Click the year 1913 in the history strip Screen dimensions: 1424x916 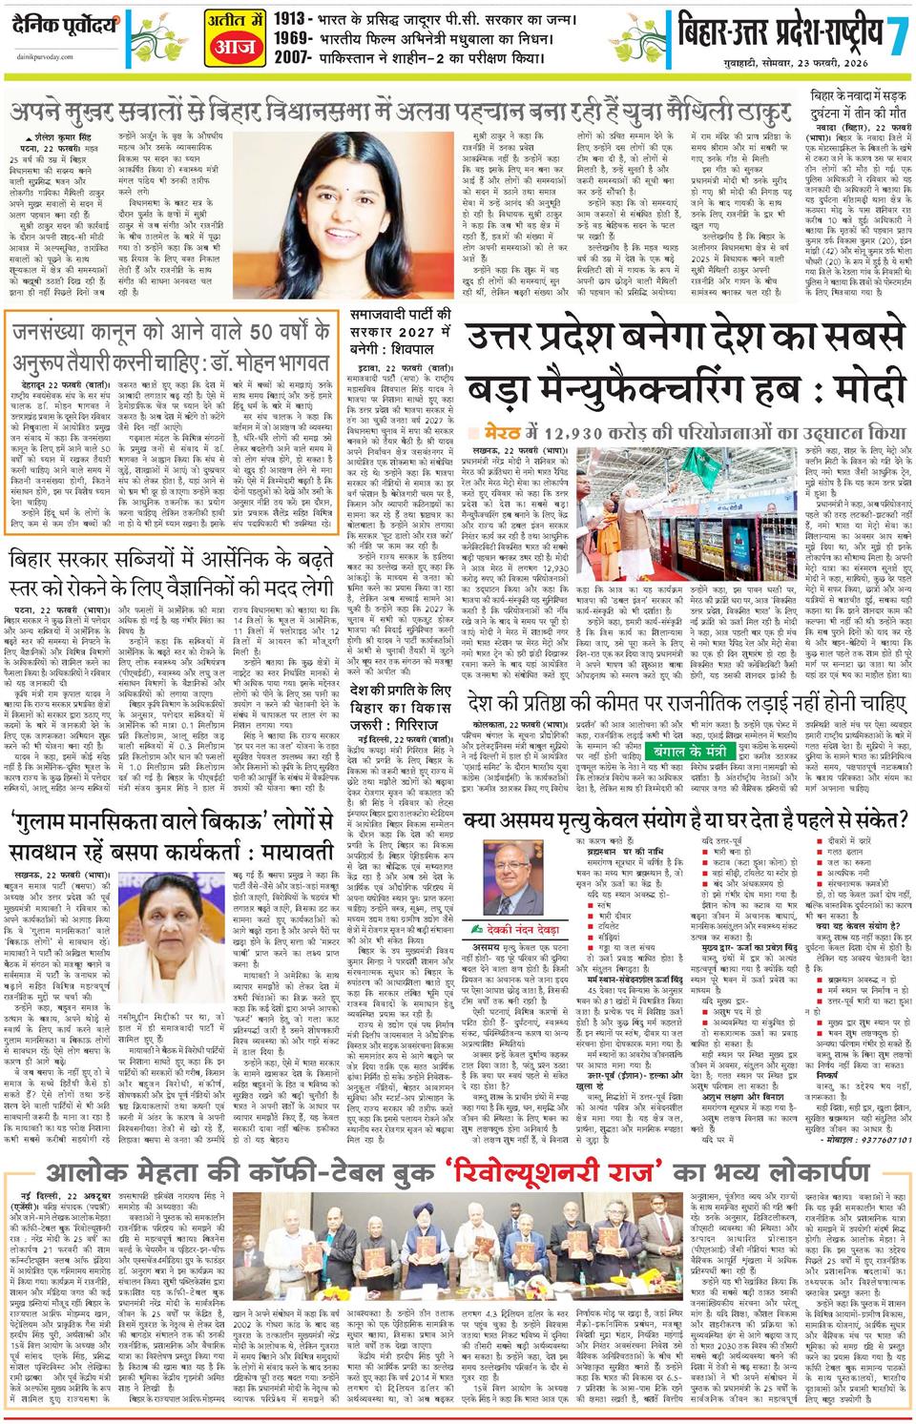point(288,18)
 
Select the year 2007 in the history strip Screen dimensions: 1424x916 point(288,61)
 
